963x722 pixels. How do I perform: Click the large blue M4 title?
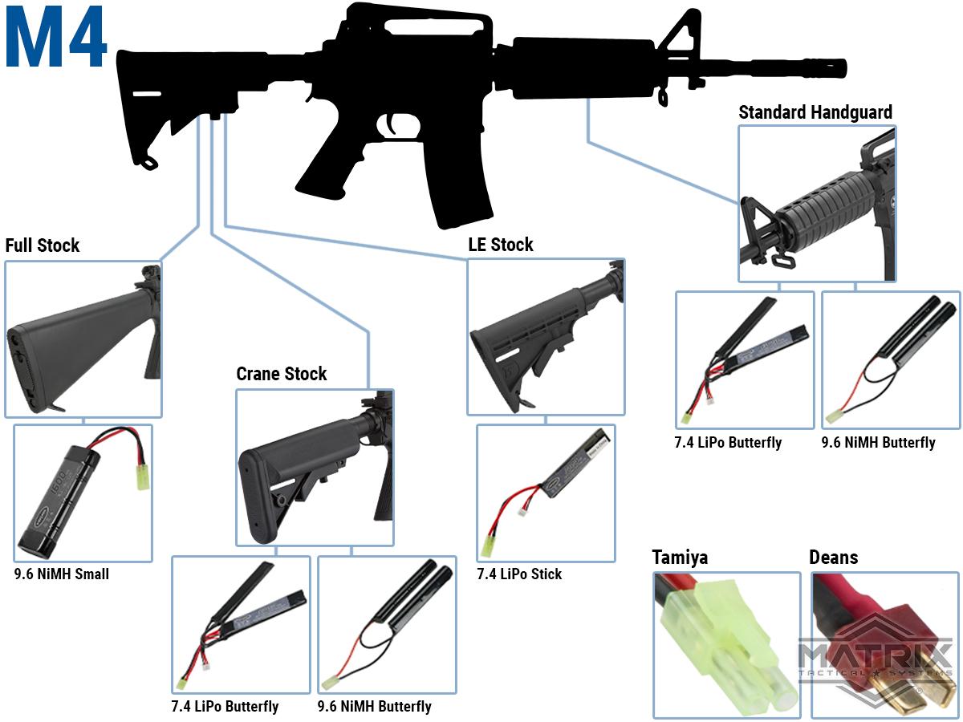click(56, 39)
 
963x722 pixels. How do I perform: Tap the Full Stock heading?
click(43, 245)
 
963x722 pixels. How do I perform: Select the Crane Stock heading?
click(282, 374)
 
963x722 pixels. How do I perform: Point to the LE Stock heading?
click(501, 245)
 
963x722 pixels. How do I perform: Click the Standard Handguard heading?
click(815, 112)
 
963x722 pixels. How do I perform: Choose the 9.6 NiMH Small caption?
click(62, 574)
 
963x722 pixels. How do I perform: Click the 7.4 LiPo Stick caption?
click(519, 574)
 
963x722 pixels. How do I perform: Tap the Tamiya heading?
click(680, 558)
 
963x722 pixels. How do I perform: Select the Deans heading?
click(833, 558)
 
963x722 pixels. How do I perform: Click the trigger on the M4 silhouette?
click(393, 126)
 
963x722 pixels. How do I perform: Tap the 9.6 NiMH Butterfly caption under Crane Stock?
click(374, 707)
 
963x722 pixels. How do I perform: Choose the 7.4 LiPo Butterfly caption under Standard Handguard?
click(728, 443)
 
